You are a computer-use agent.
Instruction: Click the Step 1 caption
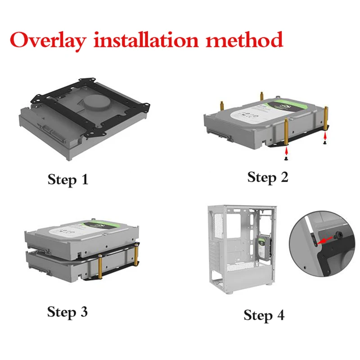pos(68,180)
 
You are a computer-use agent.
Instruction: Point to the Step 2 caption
pos(268,177)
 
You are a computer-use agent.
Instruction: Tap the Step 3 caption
pos(67,311)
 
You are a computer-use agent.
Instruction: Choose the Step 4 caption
pos(264,315)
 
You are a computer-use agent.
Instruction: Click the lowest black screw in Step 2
pos(285,158)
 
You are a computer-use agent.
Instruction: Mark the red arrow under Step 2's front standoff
pos(285,152)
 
